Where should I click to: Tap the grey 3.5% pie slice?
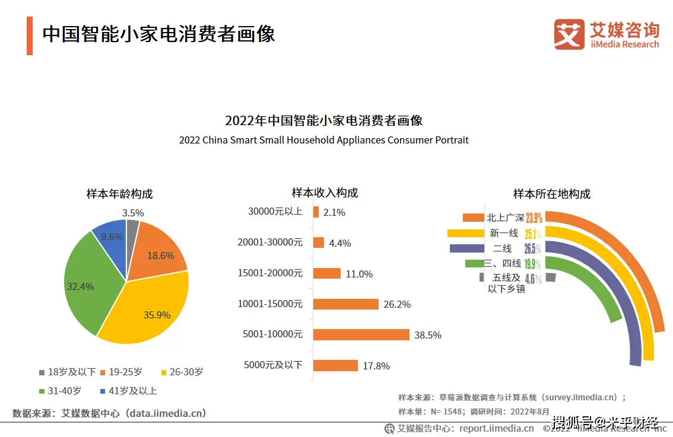pyautogui.click(x=132, y=228)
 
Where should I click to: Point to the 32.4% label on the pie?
pyautogui.click(x=80, y=286)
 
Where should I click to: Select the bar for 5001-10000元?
pyautogui.click(x=361, y=335)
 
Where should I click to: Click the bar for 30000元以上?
pyautogui.click(x=316, y=212)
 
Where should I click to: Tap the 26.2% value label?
pyautogui.click(x=397, y=304)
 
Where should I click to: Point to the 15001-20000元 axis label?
pyautogui.click(x=270, y=273)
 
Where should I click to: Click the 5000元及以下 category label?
pyautogui.click(x=273, y=365)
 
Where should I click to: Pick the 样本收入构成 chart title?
pyautogui.click(x=325, y=193)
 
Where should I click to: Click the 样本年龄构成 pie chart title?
pyautogui.click(x=119, y=194)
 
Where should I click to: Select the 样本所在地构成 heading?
pyautogui.click(x=551, y=194)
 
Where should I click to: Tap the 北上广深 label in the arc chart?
pyautogui.click(x=504, y=218)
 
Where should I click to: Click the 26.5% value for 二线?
pyautogui.click(x=532, y=248)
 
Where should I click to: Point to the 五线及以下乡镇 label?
pyautogui.click(x=506, y=283)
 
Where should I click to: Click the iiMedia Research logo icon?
pyautogui.click(x=569, y=34)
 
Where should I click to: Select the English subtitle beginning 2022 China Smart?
pyautogui.click(x=323, y=141)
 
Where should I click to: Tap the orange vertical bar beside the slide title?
pyautogui.click(x=30, y=36)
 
